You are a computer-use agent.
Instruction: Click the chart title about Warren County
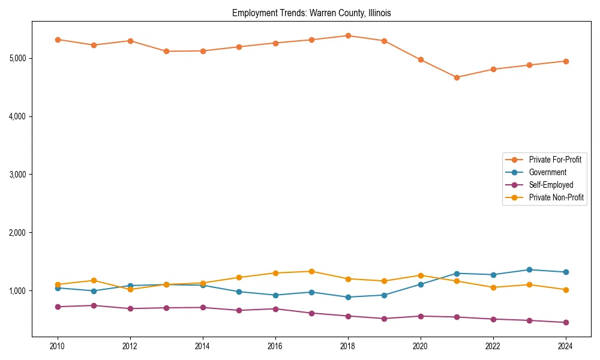tap(311, 13)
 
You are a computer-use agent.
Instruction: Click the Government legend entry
tap(547, 172)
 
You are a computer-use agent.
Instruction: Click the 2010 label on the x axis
tap(58, 346)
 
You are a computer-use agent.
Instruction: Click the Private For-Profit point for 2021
tap(457, 77)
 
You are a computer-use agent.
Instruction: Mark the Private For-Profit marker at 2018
tap(348, 35)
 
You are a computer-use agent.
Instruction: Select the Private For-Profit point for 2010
tap(58, 40)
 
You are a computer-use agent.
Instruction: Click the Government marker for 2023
tap(529, 270)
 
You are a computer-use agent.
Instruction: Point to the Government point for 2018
tap(348, 297)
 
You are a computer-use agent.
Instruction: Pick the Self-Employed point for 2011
tap(94, 305)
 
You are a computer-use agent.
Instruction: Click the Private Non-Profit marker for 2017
tap(311, 271)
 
